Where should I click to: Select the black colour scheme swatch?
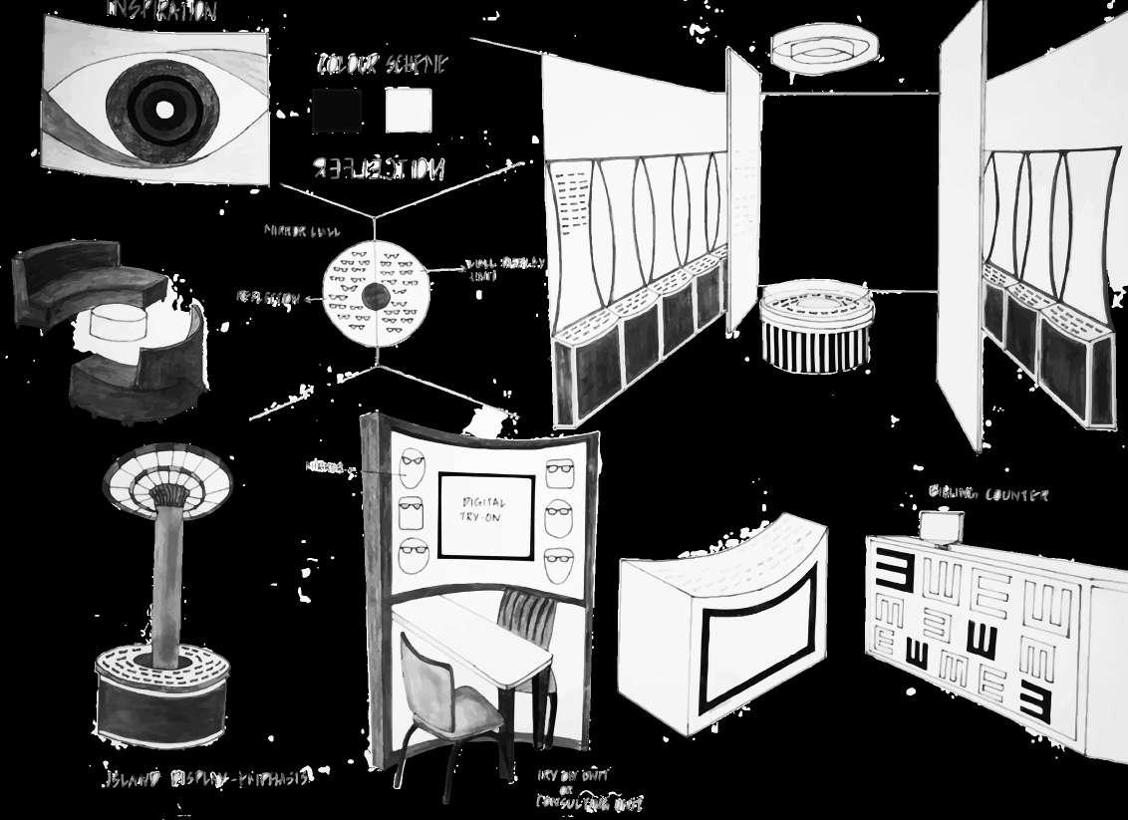point(336,111)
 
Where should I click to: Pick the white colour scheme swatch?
point(409,111)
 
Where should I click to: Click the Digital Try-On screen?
point(481,514)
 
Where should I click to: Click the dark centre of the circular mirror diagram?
point(375,294)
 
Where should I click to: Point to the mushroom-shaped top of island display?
point(168,480)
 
